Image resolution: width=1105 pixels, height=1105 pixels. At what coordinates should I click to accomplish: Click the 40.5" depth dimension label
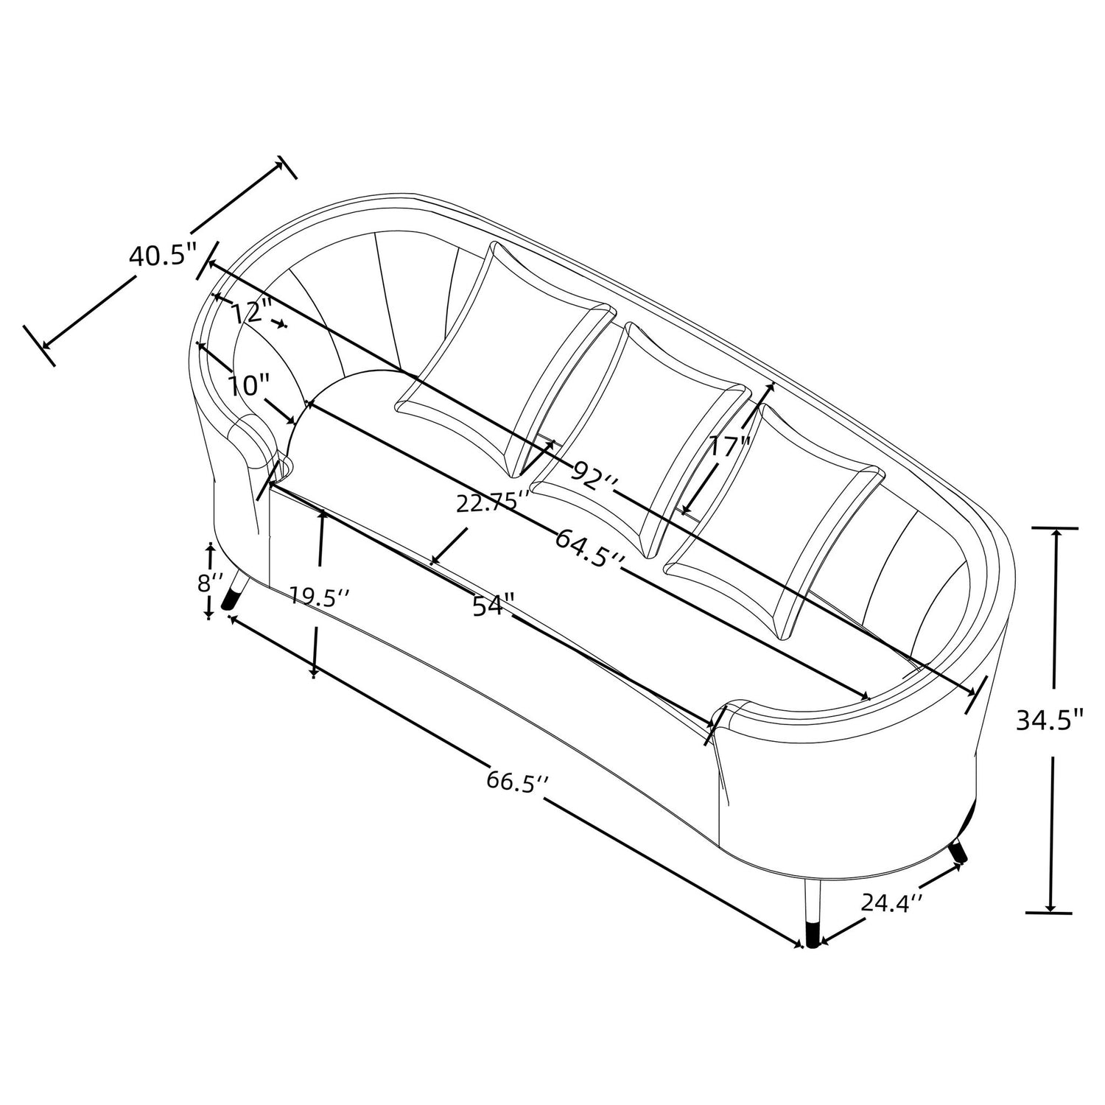(164, 257)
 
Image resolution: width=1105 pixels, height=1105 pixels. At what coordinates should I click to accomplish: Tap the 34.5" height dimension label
(1050, 719)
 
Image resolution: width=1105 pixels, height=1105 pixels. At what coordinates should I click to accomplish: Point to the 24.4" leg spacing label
(892, 902)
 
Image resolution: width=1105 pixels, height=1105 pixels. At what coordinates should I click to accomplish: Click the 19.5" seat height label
(318, 596)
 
